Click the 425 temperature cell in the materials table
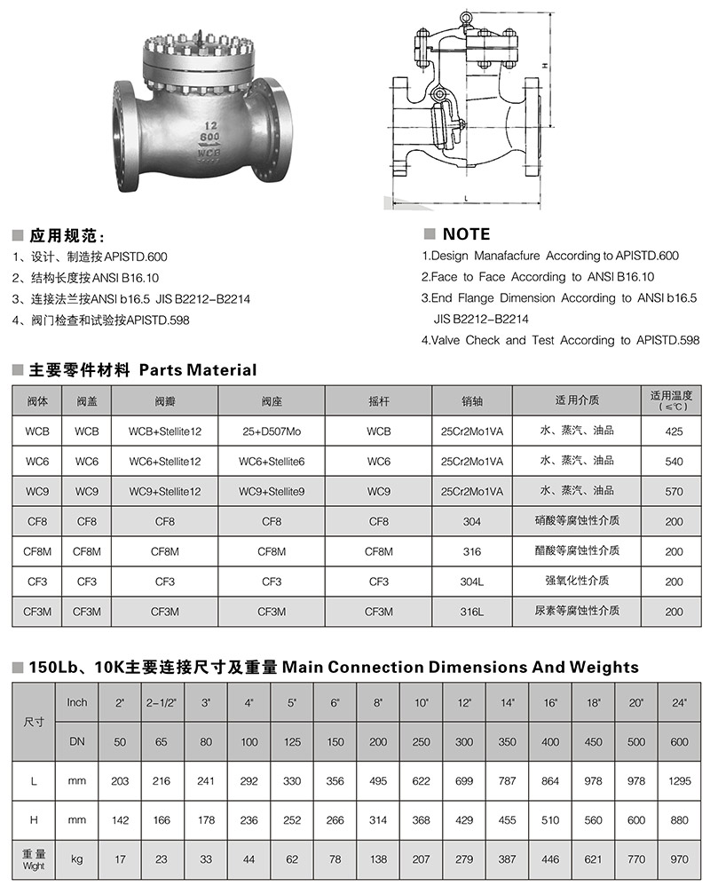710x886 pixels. [x=674, y=432]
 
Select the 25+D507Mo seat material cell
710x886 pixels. [x=272, y=432]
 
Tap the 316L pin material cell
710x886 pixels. [x=472, y=612]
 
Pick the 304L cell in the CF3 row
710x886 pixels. [x=472, y=581]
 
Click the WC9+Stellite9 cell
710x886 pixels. [x=272, y=491]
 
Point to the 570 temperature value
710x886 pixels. [x=674, y=491]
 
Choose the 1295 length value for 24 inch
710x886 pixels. [x=680, y=781]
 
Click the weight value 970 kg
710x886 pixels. [x=680, y=859]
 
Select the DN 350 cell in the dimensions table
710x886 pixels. [x=509, y=742]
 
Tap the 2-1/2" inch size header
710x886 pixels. [x=160, y=703]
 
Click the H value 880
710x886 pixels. [x=680, y=821]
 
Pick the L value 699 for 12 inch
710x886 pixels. [x=464, y=781]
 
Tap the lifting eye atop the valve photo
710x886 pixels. [x=207, y=37]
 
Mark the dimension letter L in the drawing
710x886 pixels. [x=466, y=197]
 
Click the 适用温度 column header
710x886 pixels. [x=674, y=396]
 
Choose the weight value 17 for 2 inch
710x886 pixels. [x=121, y=859]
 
